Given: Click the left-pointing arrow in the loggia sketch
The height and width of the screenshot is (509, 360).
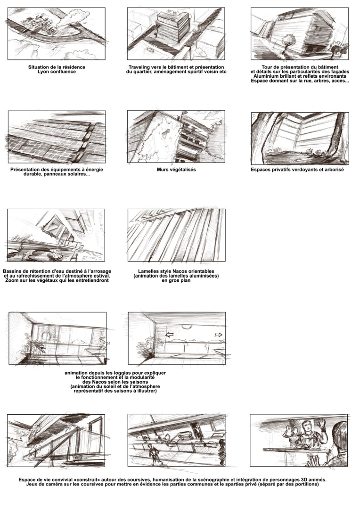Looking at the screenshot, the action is (x=170, y=335).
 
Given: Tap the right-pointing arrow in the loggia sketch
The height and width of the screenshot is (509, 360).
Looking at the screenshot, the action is (x=219, y=335).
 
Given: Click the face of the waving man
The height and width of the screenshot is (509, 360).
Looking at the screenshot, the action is (x=306, y=426).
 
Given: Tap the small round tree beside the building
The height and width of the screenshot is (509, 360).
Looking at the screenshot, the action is (x=287, y=41).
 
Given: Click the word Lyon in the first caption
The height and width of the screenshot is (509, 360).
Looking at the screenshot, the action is (x=43, y=72).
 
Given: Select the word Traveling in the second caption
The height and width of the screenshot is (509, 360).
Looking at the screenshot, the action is (x=139, y=67).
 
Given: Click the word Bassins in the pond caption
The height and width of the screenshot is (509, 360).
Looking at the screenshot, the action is (x=12, y=271).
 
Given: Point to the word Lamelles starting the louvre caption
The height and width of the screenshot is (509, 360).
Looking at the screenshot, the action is (x=148, y=271).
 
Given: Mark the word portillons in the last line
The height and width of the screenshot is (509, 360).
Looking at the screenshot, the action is (x=305, y=484).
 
